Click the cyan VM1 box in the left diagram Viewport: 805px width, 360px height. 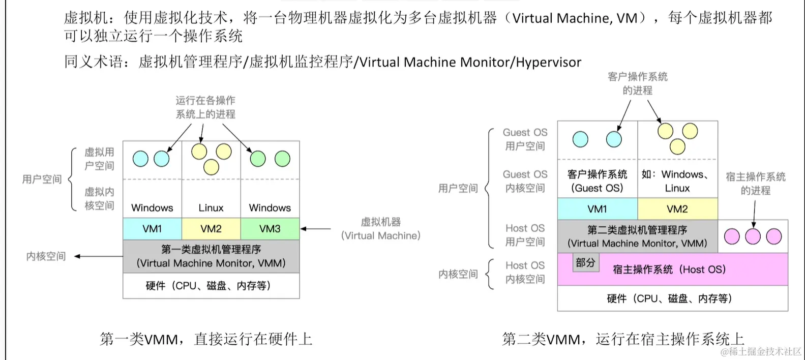point(152,229)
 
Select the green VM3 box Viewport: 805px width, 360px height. point(270,229)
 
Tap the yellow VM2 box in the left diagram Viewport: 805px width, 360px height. point(211,229)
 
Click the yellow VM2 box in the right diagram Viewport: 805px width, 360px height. point(677,209)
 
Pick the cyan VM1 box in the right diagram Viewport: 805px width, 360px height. point(597,209)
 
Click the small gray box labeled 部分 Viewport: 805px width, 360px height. point(585,262)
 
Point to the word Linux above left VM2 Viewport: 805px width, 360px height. point(211,207)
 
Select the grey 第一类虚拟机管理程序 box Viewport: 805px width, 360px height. point(211,256)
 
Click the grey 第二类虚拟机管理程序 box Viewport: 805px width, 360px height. point(637,236)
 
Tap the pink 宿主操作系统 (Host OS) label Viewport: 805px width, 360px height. point(669,269)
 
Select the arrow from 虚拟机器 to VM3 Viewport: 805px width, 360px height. point(315,229)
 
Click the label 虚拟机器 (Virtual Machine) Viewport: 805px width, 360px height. point(381,229)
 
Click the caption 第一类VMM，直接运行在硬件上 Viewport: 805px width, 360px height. point(206,339)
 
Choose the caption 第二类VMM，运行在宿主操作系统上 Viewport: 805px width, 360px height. point(622,339)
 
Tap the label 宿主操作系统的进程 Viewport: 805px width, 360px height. point(755,184)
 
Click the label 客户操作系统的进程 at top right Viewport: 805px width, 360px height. point(637,83)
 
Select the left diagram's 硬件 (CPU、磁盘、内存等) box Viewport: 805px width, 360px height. point(211,286)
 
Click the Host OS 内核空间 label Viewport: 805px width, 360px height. point(525,272)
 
